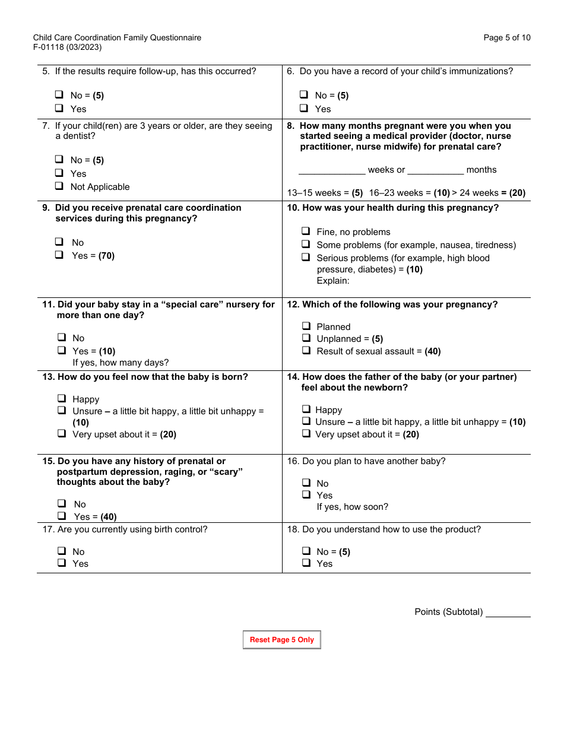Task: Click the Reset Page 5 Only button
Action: click(x=282, y=640)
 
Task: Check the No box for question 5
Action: click(x=59, y=95)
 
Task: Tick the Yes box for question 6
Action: click(x=304, y=109)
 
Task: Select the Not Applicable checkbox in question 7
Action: click(x=59, y=186)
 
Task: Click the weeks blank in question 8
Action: click(x=332, y=170)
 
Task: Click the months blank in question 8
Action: click(x=435, y=170)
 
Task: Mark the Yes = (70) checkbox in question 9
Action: click(x=59, y=255)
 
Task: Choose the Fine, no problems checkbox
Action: click(x=306, y=231)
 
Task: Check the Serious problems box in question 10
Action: click(x=306, y=258)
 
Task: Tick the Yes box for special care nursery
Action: click(x=62, y=351)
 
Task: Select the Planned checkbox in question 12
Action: click(x=306, y=326)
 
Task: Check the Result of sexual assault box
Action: click(x=306, y=351)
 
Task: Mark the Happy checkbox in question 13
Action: click(x=62, y=399)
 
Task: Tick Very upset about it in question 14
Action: click(x=306, y=434)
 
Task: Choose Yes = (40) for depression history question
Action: click(x=62, y=516)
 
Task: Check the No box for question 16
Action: click(x=306, y=483)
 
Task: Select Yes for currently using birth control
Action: click(x=62, y=563)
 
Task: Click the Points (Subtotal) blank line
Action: click(x=508, y=612)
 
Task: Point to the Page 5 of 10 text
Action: click(x=507, y=38)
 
